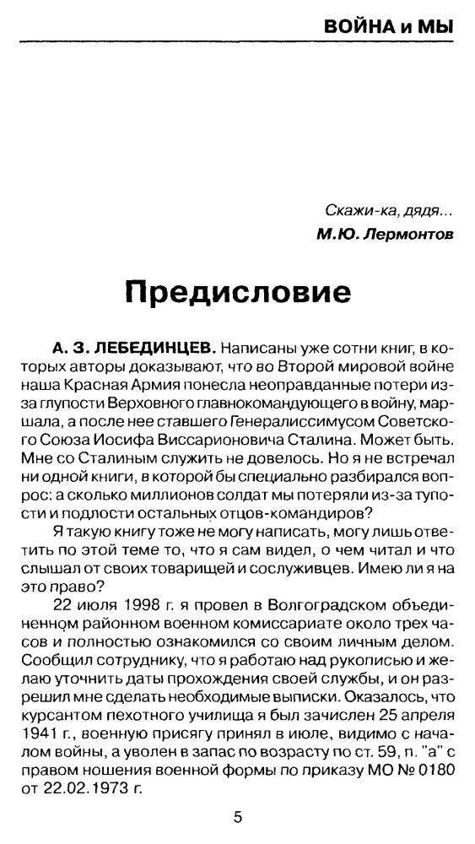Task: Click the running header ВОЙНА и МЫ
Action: (389, 27)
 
